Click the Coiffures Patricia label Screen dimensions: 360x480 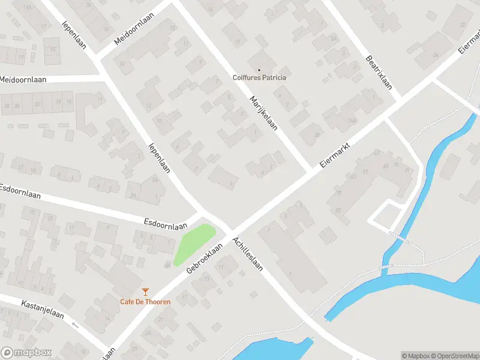point(259,77)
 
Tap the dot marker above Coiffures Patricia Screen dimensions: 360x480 point(259,70)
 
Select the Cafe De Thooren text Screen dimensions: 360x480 point(145,301)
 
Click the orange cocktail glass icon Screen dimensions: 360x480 point(145,291)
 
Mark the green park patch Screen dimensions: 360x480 point(194,244)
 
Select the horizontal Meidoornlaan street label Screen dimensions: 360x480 point(23,79)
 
